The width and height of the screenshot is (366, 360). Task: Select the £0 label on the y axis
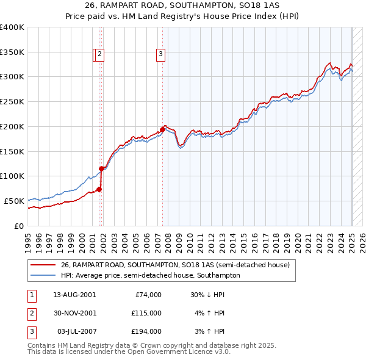tap(20, 226)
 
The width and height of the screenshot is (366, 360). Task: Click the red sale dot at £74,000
tap(99, 189)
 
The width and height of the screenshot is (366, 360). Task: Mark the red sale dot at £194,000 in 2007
tap(163, 129)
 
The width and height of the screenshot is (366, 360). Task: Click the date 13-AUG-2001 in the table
tap(74, 294)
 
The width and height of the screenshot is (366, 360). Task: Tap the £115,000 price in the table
tap(146, 313)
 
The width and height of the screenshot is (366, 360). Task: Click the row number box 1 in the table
tap(30, 294)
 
